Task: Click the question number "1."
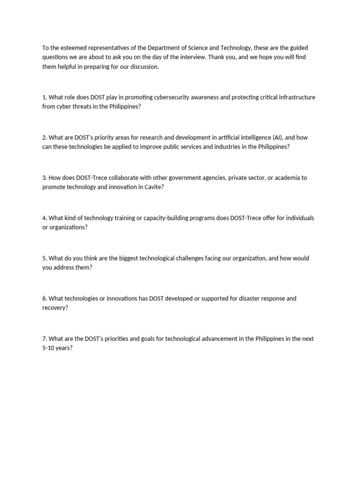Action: pos(45,97)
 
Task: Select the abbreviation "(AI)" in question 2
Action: pos(278,138)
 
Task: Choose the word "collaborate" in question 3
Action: pos(109,178)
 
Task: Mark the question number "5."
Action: pos(45,258)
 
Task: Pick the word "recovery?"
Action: pos(55,307)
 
